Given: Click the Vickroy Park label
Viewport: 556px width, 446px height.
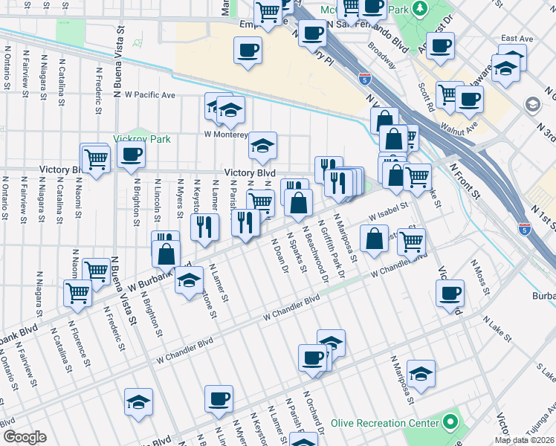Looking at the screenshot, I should [142, 139].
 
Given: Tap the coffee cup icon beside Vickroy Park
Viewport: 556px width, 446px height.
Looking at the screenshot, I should [131, 155].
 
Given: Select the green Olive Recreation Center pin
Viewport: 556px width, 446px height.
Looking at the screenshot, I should [450, 422].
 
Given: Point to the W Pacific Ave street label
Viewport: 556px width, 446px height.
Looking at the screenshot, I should [149, 95].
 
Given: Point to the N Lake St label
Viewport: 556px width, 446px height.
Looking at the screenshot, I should [497, 328].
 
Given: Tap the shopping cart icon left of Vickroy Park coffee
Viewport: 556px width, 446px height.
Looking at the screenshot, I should [96, 158].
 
